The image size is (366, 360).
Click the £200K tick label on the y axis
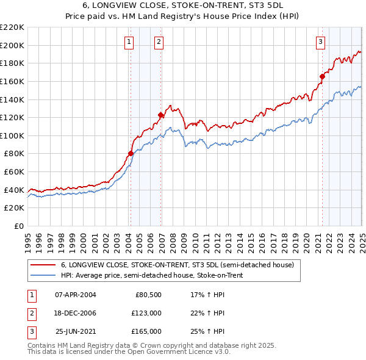click(x=12, y=45)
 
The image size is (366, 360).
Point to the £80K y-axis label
click(x=14, y=154)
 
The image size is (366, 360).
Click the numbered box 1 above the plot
click(x=130, y=42)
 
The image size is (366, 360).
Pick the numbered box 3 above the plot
click(x=321, y=42)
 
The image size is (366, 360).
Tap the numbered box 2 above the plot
click(x=159, y=42)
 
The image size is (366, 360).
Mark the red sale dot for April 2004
click(x=131, y=153)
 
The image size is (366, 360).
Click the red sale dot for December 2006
click(x=160, y=115)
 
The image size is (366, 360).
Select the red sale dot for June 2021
click(x=323, y=76)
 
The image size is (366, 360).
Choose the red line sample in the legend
click(x=42, y=265)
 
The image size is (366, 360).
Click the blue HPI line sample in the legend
click(x=42, y=275)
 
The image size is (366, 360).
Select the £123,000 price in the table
click(x=147, y=313)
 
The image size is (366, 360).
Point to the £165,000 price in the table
click(x=147, y=331)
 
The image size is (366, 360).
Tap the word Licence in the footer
click(x=192, y=352)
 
